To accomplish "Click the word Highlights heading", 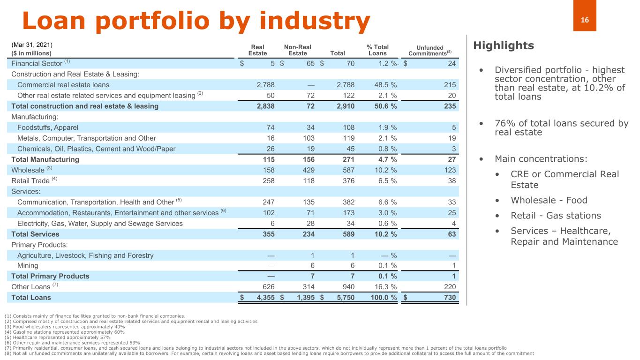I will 504,45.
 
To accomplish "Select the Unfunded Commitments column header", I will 430,51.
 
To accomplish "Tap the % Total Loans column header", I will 377,50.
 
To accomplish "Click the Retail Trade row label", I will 31,180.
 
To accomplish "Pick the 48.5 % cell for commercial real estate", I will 383,85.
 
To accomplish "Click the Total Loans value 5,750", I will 344,297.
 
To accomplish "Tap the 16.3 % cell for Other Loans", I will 383,287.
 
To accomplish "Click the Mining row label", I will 28,266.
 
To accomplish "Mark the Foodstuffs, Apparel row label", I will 48,127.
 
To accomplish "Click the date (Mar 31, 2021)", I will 32,45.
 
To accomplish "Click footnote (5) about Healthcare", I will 57,337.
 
